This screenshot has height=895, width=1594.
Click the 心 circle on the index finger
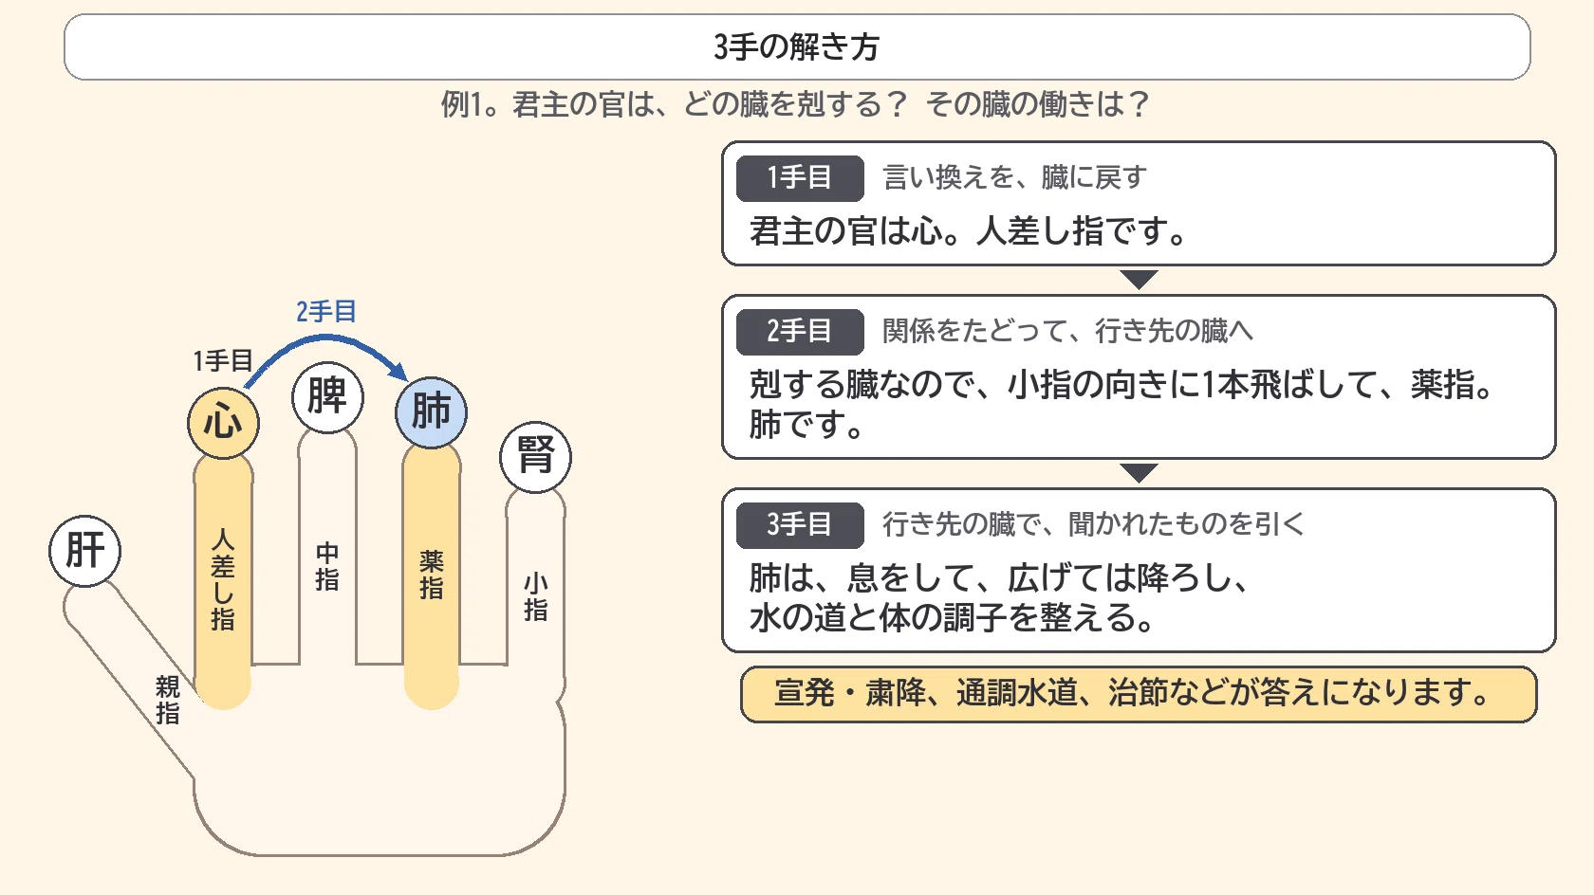[x=224, y=423]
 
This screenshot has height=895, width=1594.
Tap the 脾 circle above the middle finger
[x=327, y=396]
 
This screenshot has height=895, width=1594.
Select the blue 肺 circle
[x=431, y=412]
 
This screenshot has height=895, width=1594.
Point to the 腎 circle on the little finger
[x=536, y=457]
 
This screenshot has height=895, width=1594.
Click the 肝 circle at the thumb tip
[x=84, y=551]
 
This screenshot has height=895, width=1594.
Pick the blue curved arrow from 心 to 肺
[x=326, y=339]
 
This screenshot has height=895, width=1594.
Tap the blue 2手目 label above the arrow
[x=326, y=311]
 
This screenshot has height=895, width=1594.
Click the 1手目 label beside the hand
[x=223, y=360]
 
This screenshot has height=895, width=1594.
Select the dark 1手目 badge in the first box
[x=800, y=177]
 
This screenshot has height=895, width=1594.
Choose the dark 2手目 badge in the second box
[x=800, y=331]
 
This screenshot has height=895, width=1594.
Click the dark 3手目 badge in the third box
[x=800, y=524]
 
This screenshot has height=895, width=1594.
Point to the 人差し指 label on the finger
[x=223, y=579]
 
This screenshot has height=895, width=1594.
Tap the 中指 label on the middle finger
[x=327, y=567]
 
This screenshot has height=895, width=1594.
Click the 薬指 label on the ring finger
[x=431, y=575]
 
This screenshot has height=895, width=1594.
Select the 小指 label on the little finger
[x=536, y=597]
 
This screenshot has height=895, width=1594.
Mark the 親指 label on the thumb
[x=168, y=700]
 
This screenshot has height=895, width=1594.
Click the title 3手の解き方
[x=797, y=46]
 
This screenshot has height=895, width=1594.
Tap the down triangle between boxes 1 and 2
[x=1139, y=280]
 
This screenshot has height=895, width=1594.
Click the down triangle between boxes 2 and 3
[x=1139, y=473]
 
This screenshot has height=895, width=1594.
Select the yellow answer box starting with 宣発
[x=1139, y=694]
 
